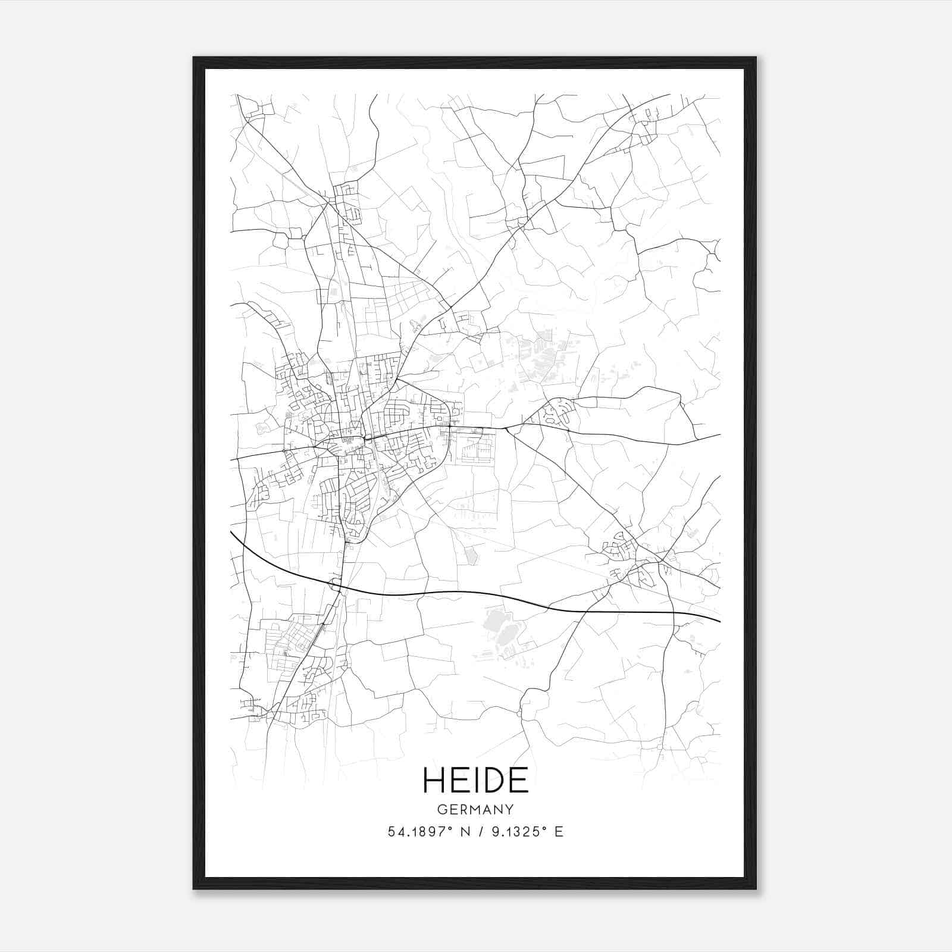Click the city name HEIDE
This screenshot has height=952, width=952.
[475, 780]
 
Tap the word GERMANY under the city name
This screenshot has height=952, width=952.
[475, 810]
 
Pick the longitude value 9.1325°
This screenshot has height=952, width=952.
[516, 832]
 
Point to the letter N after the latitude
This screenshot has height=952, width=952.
[465, 832]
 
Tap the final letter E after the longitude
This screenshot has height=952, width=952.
[558, 832]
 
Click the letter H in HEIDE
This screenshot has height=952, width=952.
[434, 780]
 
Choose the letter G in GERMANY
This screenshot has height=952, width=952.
[441, 810]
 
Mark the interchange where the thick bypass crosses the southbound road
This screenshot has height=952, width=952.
[337, 585]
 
